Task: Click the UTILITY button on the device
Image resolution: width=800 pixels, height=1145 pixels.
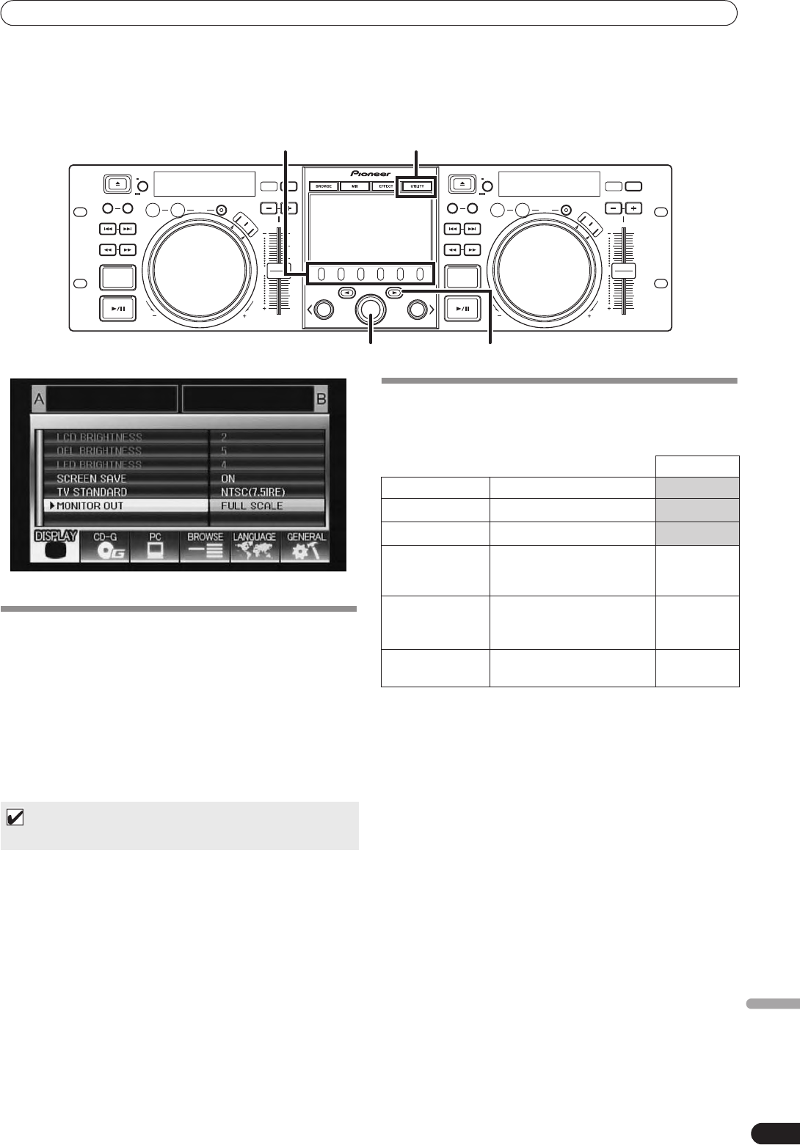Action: (416, 186)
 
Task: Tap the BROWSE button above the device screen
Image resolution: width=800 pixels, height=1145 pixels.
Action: (324, 186)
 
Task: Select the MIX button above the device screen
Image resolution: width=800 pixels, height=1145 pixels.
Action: (354, 186)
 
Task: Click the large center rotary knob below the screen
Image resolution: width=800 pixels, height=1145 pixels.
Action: (371, 310)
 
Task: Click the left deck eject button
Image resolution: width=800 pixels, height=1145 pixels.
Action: (117, 183)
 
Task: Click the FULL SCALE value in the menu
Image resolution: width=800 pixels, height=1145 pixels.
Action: (252, 505)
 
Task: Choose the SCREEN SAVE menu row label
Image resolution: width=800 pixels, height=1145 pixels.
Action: (92, 478)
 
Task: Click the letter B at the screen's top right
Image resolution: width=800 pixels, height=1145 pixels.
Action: (321, 399)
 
